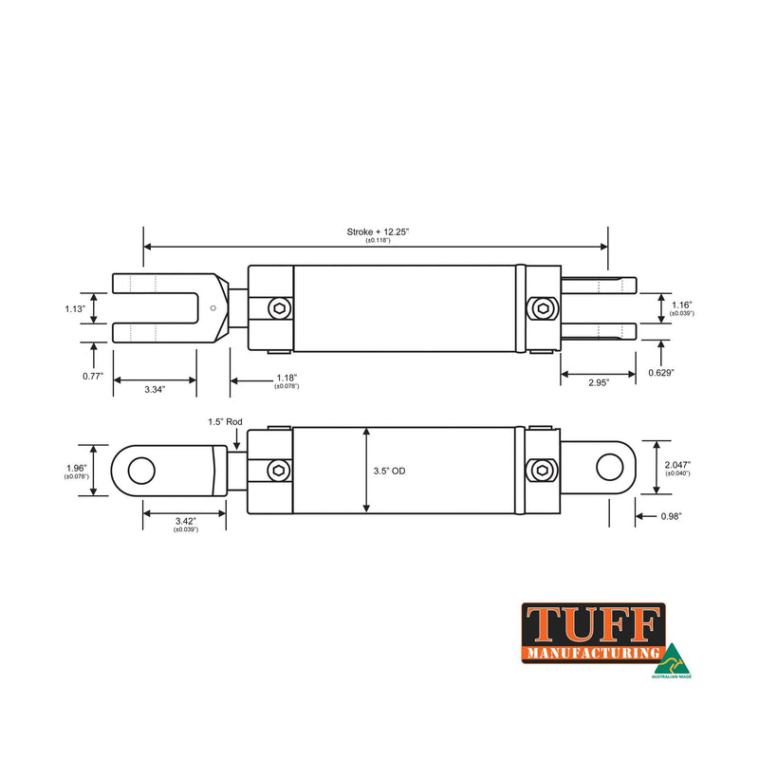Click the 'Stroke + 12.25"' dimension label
[x=378, y=231]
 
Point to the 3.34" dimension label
[x=155, y=389]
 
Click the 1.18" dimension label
[x=287, y=378]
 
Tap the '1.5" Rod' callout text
[x=226, y=421]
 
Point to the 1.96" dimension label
[x=77, y=468]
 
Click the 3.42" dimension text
[x=186, y=522]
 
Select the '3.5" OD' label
[x=392, y=470]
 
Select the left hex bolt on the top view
[x=279, y=308]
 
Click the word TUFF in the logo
[x=592, y=625]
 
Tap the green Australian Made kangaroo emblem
[x=672, y=657]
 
